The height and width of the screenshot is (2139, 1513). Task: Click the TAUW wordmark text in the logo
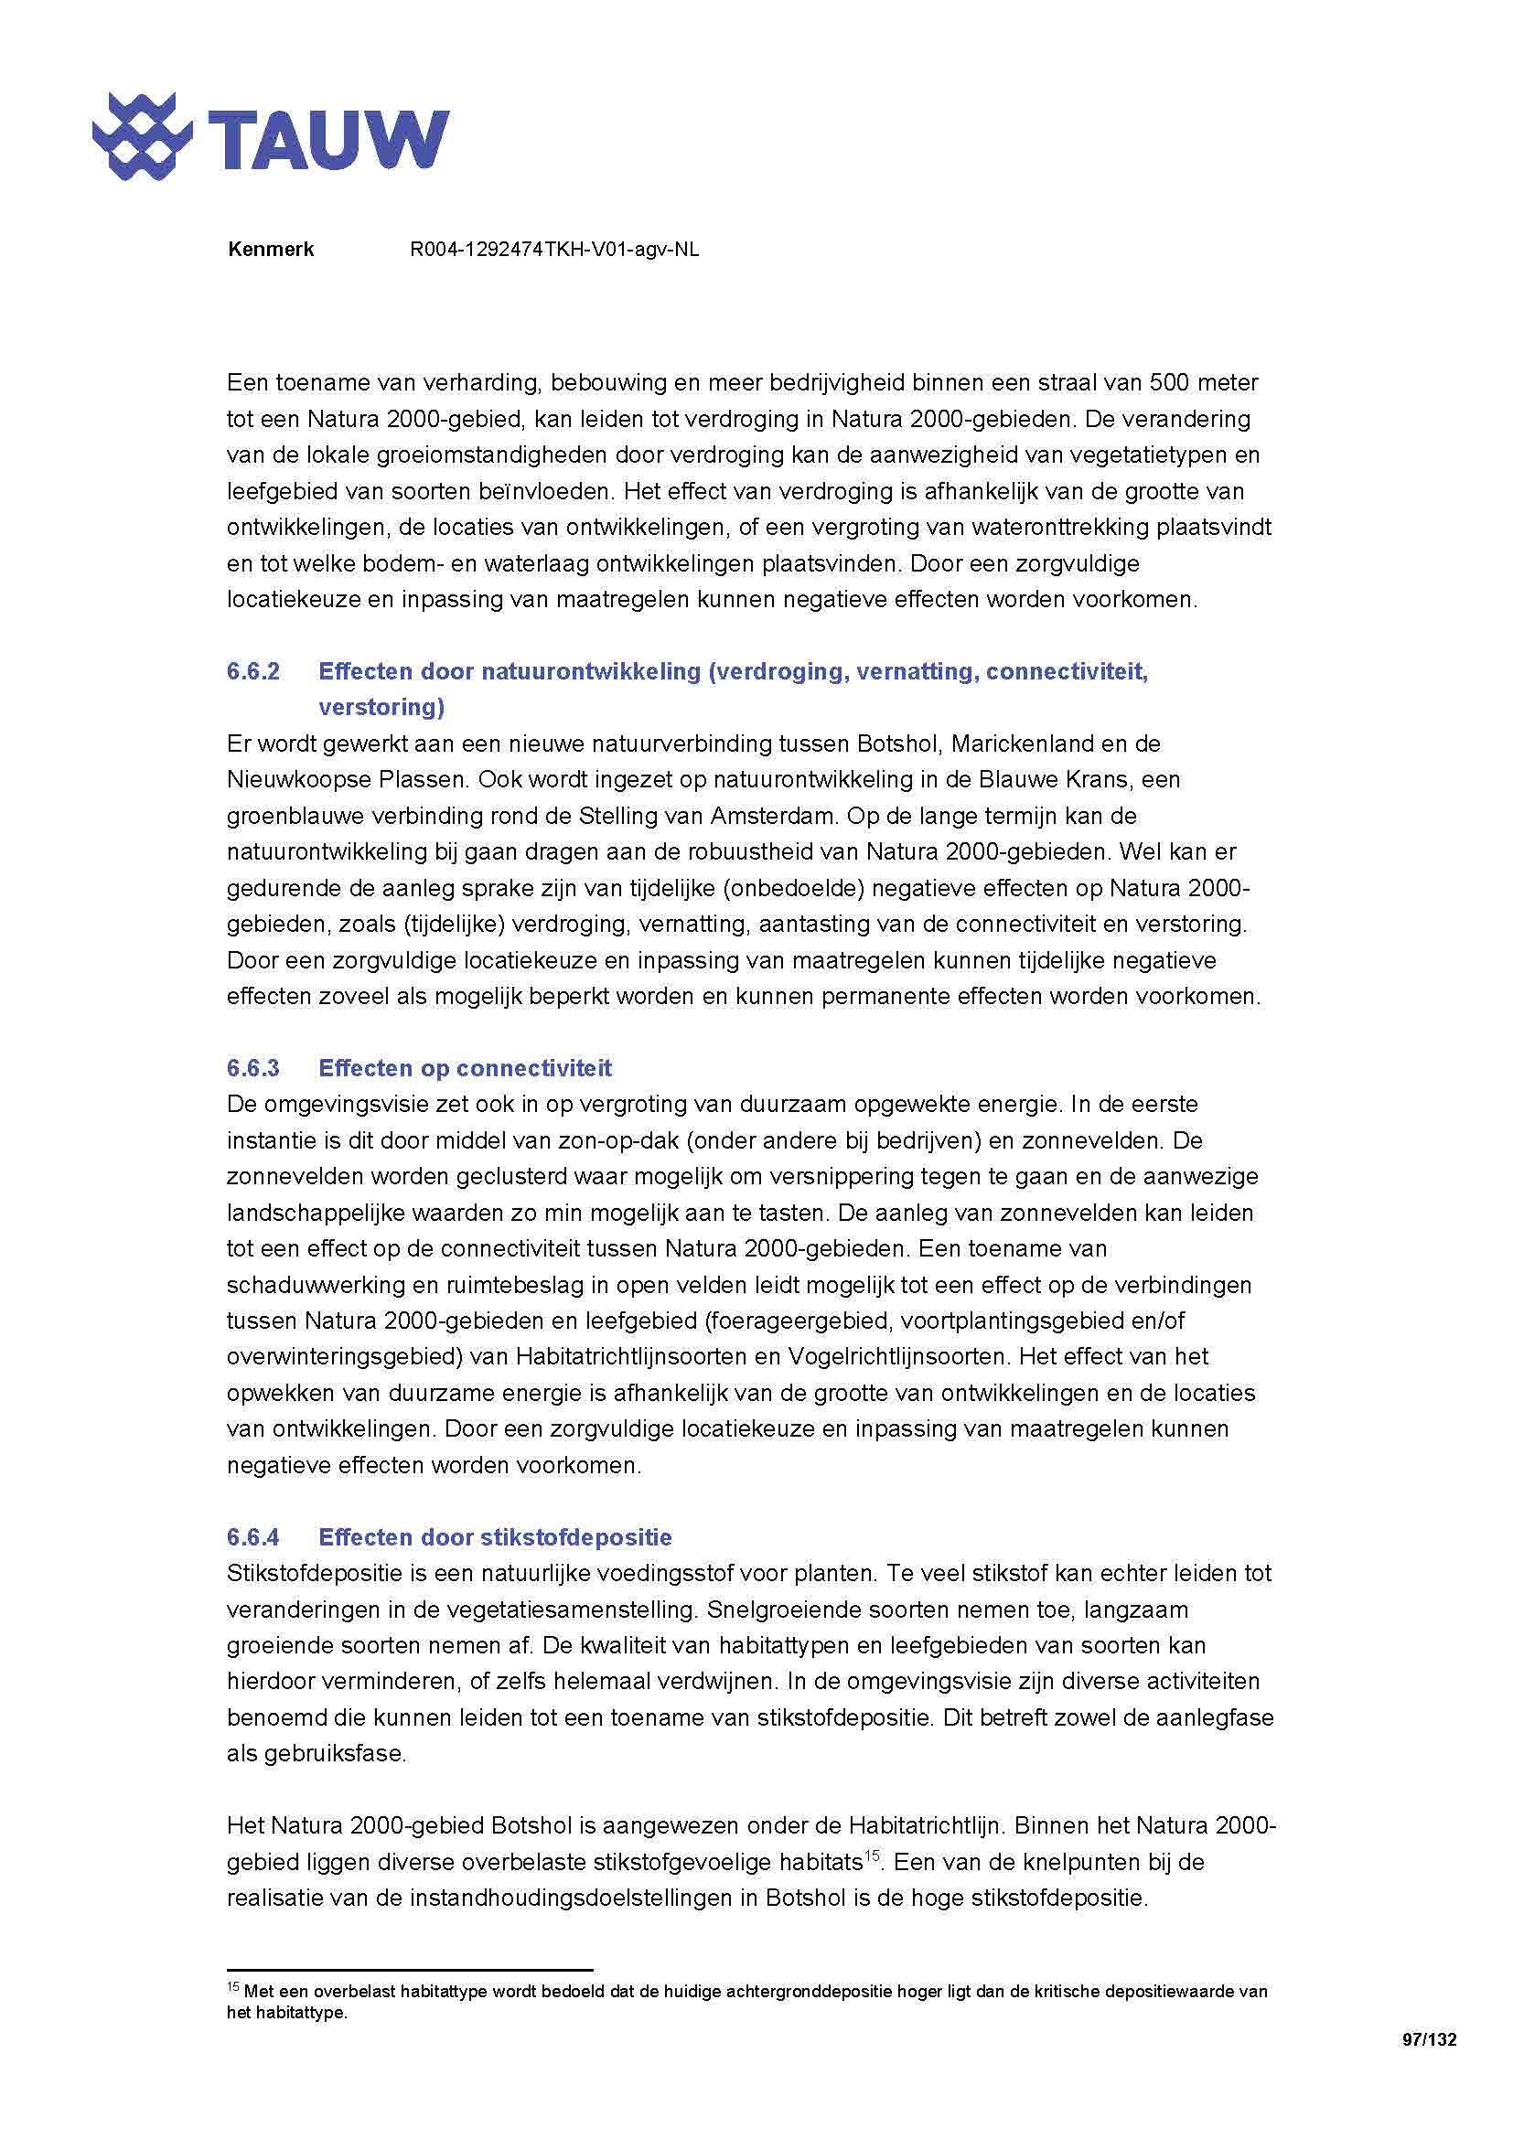pos(328,140)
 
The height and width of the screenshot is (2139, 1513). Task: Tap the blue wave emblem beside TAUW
pos(142,137)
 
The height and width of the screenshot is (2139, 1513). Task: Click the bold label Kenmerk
pos(270,250)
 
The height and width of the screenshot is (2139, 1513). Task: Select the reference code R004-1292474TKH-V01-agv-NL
pos(553,250)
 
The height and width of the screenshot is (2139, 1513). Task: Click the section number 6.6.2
pos(252,672)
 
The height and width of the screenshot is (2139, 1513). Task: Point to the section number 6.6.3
pos(252,1067)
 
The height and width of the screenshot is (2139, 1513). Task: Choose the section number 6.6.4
pos(252,1537)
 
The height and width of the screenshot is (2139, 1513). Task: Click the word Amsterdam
pos(769,816)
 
